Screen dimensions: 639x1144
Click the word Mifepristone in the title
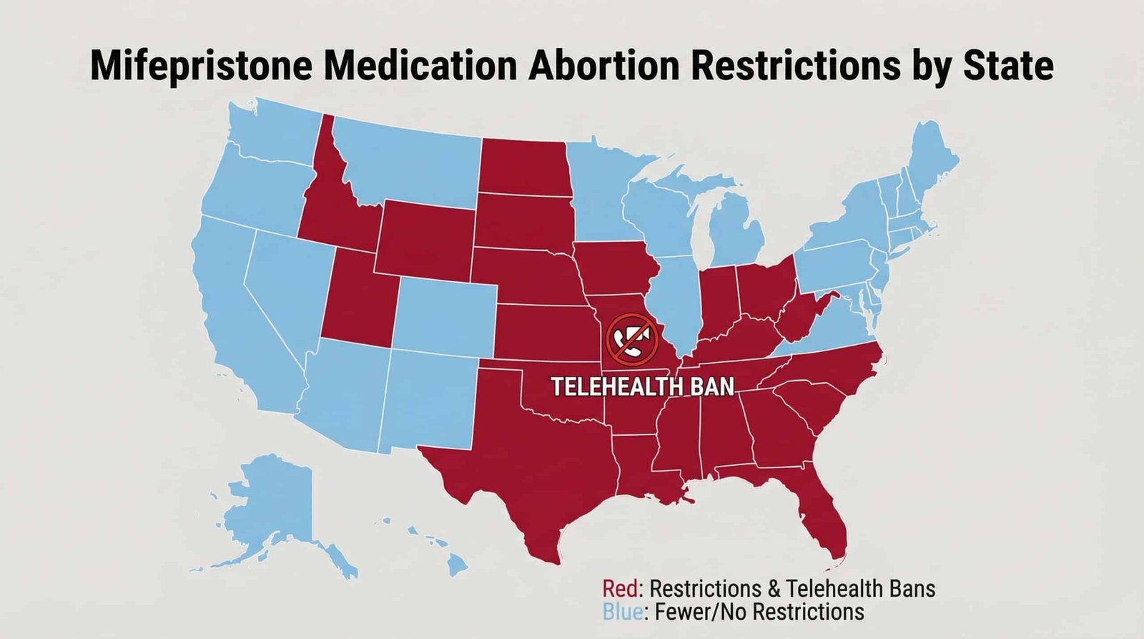point(202,66)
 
